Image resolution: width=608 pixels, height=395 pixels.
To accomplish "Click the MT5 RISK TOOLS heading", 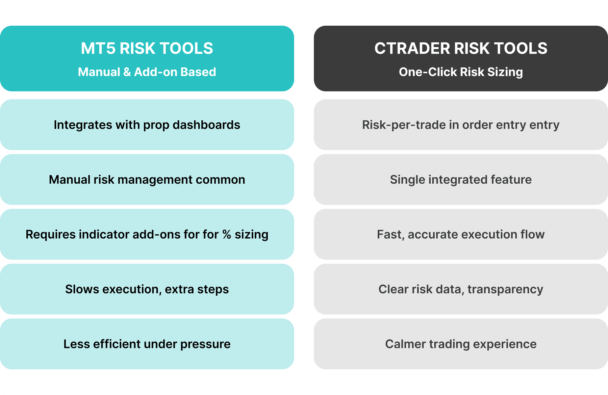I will tap(147, 48).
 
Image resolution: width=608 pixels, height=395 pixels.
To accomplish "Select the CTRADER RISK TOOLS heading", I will tap(461, 48).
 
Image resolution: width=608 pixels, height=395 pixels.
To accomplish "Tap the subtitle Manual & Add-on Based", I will tap(147, 72).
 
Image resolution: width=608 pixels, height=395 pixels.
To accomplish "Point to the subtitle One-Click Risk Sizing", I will tap(461, 72).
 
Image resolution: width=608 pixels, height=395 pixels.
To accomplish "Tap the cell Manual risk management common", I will tap(147, 180).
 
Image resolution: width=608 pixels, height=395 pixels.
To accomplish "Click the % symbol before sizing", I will tap(227, 234).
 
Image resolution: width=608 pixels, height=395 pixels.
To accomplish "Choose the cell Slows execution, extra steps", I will tap(147, 289).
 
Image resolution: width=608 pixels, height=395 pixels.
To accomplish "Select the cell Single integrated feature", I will tap(461, 180).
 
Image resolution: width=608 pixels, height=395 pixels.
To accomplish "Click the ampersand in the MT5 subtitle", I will tap(127, 72).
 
